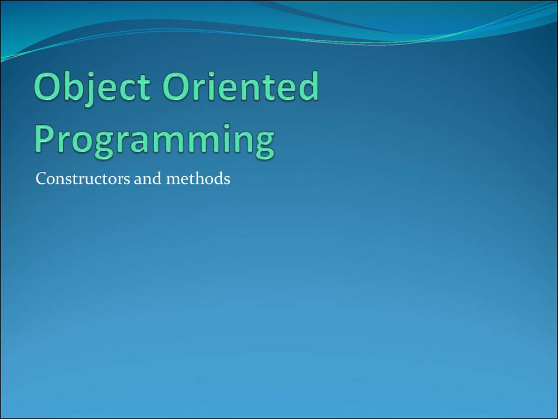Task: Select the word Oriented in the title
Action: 240,86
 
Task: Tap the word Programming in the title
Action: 155,141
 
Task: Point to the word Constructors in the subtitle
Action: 83,178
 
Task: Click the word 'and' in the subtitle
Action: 148,178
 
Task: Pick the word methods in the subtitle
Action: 198,178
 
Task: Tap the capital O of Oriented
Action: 177,86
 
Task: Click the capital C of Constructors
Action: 41,178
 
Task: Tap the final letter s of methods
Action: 226,181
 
